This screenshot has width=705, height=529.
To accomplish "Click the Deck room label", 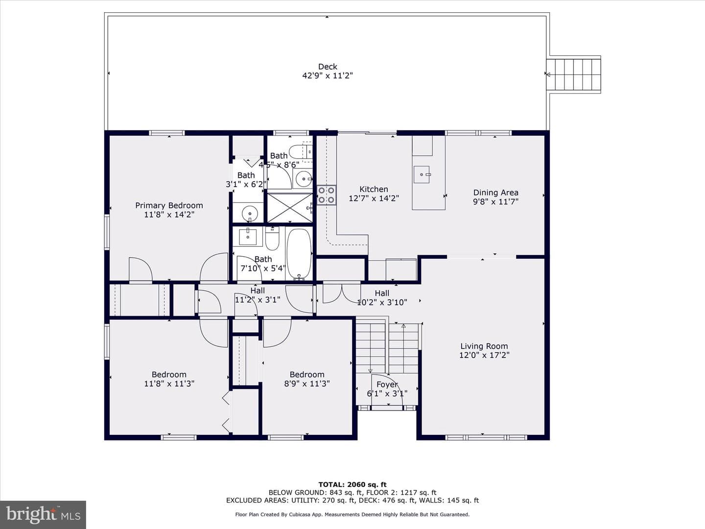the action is point(328,67).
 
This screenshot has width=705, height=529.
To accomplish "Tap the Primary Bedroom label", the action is point(169,206).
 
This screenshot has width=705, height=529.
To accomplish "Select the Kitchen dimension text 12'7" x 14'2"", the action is point(374,198).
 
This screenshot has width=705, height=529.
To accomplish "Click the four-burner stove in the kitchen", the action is point(327,195).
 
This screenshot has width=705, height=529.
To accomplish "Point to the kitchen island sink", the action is point(422,174).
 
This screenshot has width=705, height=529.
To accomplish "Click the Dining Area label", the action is point(495,192).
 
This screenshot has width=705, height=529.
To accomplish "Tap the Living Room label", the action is point(484,346).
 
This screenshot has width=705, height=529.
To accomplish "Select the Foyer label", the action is point(387,385).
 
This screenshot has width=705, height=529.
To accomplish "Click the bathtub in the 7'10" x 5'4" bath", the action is point(299,254).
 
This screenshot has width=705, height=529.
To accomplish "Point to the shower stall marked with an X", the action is point(290,208).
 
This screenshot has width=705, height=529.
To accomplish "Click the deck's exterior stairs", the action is point(574,74).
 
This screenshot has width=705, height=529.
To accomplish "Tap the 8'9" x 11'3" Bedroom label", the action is point(307,375).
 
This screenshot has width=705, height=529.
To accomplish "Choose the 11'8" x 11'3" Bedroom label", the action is point(169,375).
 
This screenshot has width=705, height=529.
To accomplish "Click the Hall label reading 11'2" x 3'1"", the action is point(258,290).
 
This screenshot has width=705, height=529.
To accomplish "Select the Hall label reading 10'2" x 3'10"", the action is point(382,293).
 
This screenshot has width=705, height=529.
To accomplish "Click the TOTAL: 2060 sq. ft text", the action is point(352,485).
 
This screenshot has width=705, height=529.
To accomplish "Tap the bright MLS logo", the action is point(43,514).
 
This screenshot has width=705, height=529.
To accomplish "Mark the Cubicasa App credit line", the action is point(352,514).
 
